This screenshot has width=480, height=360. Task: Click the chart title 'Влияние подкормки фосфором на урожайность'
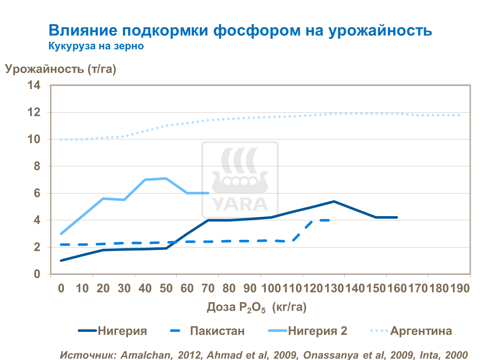(240, 30)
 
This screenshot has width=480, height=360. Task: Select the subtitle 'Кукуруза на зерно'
(96, 46)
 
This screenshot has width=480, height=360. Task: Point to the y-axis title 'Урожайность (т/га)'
(60, 69)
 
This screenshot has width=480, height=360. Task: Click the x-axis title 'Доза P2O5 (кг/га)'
(257, 307)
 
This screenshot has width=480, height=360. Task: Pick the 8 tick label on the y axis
(37, 166)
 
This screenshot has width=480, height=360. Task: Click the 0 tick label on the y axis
(37, 274)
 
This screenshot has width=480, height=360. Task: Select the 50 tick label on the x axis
(166, 288)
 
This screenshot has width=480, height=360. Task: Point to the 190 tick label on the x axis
(460, 288)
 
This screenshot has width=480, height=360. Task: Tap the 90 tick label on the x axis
(250, 288)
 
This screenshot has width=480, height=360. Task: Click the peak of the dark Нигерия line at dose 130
(334, 201)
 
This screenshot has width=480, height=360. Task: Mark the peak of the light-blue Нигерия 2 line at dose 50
(166, 178)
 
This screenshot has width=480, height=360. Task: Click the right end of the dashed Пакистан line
(329, 220)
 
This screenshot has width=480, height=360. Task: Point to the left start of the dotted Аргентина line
(61, 139)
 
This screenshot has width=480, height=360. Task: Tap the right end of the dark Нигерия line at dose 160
(397, 217)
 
